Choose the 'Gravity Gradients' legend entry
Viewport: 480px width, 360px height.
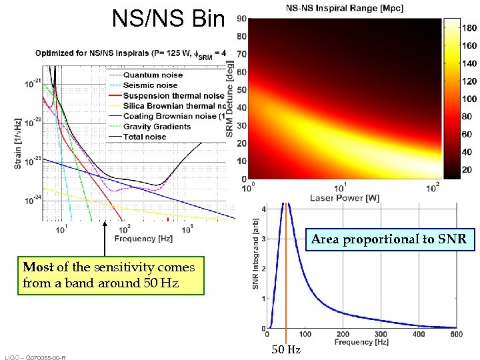point(157,127)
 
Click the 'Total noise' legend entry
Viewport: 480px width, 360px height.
point(147,137)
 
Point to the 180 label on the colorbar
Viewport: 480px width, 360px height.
point(469,28)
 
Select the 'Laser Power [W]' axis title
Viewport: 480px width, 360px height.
point(344,197)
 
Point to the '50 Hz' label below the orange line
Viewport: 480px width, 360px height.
point(285,350)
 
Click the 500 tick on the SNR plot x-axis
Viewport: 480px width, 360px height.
point(456,334)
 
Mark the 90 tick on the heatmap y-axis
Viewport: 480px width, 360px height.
point(243,19)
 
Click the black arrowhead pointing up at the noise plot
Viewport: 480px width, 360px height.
point(105,225)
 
